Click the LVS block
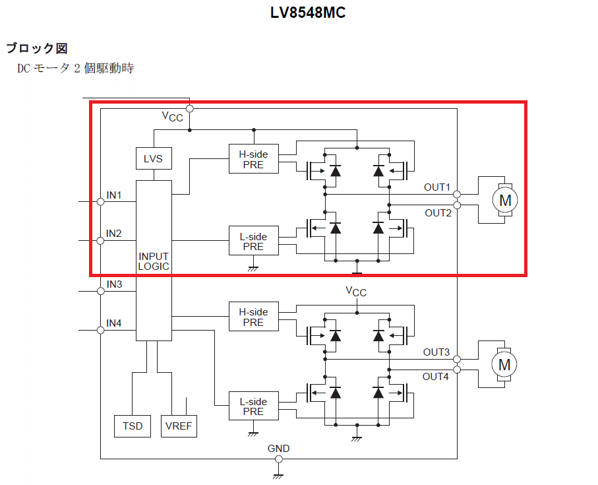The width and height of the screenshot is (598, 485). tap(153, 159)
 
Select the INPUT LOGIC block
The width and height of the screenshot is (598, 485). tap(154, 261)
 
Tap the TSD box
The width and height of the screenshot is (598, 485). tap(133, 426)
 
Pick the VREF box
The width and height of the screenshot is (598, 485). tap(179, 426)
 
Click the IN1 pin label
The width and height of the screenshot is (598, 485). tap(114, 195)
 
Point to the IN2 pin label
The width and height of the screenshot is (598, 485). tap(114, 234)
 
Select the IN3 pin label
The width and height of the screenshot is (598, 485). tap(114, 284)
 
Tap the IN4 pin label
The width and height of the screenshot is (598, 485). tap(114, 323)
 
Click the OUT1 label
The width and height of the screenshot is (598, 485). tap(437, 187)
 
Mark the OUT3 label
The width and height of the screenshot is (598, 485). tap(436, 352)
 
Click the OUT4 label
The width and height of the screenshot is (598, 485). tap(436, 377)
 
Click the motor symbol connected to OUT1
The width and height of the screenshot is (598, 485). tap(504, 199)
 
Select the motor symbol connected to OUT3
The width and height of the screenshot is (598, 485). tap(504, 364)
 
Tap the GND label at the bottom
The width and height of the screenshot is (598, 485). tap(278, 449)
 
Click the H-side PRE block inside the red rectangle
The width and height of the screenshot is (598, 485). tap(253, 159)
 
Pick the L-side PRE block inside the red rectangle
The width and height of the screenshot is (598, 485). tap(253, 241)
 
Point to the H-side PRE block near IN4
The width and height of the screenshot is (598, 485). tap(253, 317)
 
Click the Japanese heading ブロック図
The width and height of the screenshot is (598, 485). tap(37, 48)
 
